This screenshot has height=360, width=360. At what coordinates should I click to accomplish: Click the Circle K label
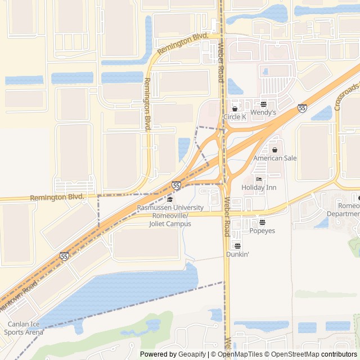pos(235,117)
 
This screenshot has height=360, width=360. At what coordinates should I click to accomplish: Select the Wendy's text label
pos(263,112)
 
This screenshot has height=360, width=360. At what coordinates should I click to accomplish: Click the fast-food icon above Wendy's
pos(263,104)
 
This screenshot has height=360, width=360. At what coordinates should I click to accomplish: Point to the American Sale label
pos(274,158)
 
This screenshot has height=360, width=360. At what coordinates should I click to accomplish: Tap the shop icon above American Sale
pos(274,150)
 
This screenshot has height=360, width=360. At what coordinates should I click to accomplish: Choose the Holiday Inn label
pos(259,187)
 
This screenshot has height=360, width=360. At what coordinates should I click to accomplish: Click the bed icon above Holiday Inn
pos(259,179)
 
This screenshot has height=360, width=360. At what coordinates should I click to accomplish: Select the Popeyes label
pos(262,231)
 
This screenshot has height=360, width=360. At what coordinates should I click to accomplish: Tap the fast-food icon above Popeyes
pos(262,223)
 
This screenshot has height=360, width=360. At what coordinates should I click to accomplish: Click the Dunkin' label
pos(237,254)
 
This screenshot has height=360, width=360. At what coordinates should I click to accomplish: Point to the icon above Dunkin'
pos(237,246)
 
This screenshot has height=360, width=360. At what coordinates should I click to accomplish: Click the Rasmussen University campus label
pos(170,216)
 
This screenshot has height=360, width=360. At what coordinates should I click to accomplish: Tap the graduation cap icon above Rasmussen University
pos(170,200)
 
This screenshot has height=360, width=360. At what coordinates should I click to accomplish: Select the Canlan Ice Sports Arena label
pos(24,328)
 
